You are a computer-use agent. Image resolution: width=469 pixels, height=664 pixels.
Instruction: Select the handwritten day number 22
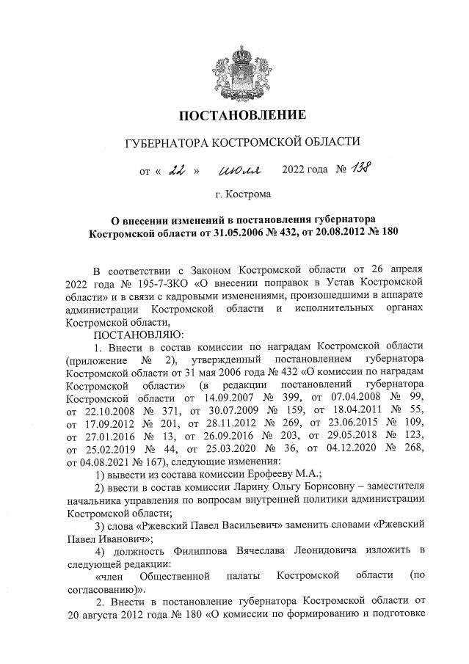pyautogui.click(x=176, y=171)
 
